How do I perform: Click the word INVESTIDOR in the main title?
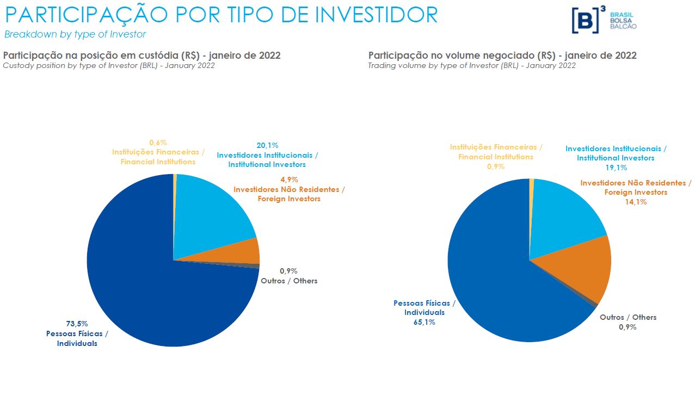[376, 15]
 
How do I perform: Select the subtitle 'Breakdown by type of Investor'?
[75, 34]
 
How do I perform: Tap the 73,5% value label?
[77, 324]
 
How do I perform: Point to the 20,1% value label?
[267, 145]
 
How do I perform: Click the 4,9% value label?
[289, 180]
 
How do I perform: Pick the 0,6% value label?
[158, 143]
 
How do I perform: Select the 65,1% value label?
[424, 322]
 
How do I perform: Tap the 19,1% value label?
[616, 168]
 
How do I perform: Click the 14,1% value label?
[636, 202]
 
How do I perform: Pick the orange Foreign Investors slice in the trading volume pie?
[588, 267]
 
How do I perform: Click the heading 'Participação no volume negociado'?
[502, 55]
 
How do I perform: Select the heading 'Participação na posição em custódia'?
[142, 55]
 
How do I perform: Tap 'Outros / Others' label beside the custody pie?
[289, 281]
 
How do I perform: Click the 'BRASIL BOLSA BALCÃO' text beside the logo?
[623, 21]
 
